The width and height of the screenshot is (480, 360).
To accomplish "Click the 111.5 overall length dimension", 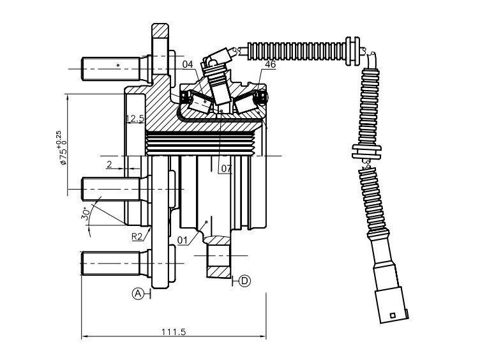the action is (x=174, y=331).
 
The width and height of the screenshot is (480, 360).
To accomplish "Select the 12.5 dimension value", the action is (x=135, y=119).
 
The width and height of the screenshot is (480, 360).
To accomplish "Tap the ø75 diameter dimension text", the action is (x=61, y=148).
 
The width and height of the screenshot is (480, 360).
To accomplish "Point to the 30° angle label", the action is (x=86, y=214).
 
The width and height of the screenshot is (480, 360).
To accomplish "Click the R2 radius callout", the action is (x=137, y=236).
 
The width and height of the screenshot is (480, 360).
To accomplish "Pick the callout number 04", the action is (x=188, y=64).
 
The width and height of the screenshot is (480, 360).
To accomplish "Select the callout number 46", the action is (x=270, y=64).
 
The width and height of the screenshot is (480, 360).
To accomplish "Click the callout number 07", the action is (x=227, y=169).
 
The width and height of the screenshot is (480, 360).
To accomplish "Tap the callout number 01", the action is (x=183, y=240).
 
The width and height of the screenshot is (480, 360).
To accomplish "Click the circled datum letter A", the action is (x=138, y=294).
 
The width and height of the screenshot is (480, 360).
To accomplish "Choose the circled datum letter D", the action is (x=244, y=280).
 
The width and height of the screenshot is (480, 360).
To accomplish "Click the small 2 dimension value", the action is (x=109, y=165).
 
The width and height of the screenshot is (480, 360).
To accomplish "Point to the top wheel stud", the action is (x=116, y=69).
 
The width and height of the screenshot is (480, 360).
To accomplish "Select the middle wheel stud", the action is (x=116, y=189).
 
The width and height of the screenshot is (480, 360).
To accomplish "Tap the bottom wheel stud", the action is (x=116, y=263).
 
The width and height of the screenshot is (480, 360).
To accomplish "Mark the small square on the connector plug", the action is (x=393, y=315).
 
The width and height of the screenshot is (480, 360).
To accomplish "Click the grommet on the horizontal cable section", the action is (x=353, y=51).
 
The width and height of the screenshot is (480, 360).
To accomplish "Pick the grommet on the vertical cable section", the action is (x=366, y=151).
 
